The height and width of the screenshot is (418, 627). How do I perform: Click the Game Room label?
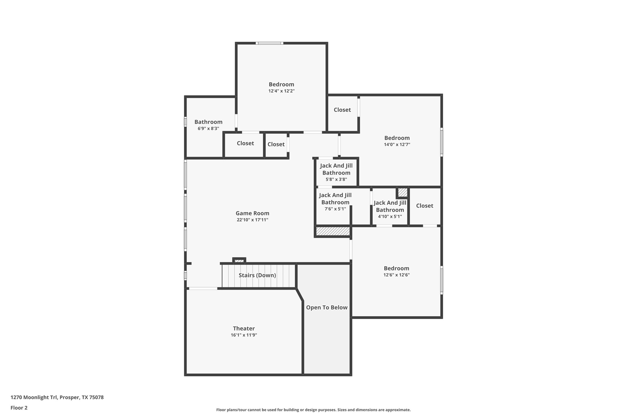(x=252, y=213)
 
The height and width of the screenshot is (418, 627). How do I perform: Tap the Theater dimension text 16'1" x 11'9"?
(x=244, y=335)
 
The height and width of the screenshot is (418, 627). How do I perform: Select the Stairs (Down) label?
(x=257, y=275)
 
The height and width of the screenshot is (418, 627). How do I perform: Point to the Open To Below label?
(x=326, y=307)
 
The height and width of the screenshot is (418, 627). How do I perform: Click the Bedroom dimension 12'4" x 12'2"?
(x=281, y=91)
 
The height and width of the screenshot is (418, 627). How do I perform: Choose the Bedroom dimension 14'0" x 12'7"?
(x=397, y=144)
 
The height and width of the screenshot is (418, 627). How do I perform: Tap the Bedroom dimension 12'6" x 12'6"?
(x=396, y=275)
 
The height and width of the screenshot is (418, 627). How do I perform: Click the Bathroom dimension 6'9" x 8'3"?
(x=208, y=128)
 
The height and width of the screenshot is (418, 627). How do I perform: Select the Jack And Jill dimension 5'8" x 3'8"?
(x=336, y=179)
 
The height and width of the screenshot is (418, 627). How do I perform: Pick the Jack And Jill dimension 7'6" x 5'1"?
(x=335, y=209)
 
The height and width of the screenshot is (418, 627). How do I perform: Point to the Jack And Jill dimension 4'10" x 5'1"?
(x=390, y=216)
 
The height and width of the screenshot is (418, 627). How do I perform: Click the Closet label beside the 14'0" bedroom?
(x=342, y=110)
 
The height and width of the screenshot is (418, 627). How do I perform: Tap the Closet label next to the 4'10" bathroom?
(x=424, y=206)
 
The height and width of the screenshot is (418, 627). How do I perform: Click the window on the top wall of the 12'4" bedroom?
(x=269, y=43)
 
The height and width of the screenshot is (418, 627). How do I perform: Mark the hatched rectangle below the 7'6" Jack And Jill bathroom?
(x=333, y=231)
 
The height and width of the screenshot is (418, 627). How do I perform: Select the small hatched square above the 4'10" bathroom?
(x=402, y=192)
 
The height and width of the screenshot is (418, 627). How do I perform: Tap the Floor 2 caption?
(x=19, y=408)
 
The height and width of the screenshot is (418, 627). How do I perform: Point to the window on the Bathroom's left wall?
(x=185, y=122)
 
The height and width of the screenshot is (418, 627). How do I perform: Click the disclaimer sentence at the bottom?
(x=313, y=410)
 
